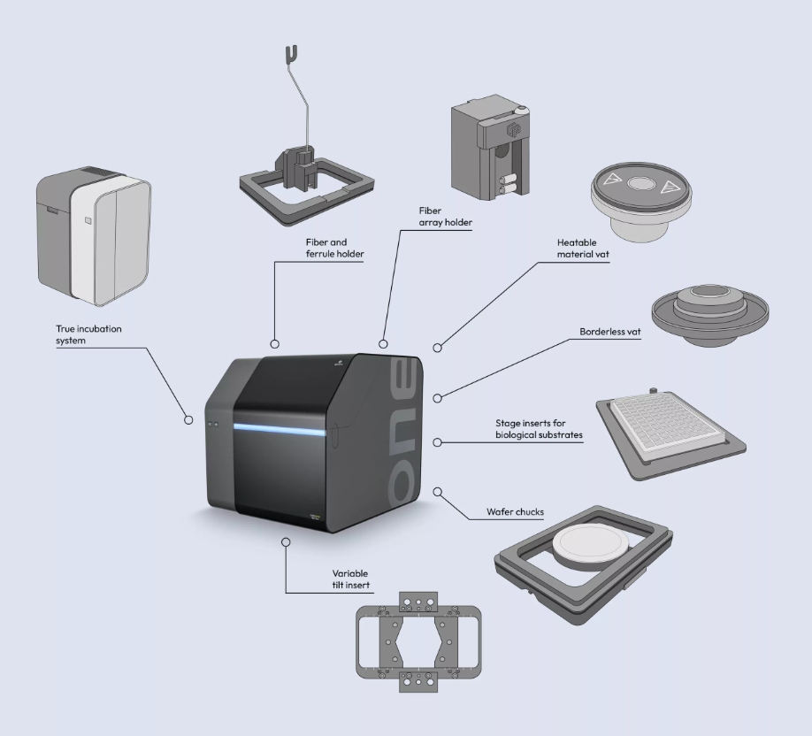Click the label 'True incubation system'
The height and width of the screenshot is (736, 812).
(88, 334)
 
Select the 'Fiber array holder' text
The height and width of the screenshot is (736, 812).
(445, 218)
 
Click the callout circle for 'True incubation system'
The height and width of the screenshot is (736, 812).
(188, 420)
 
